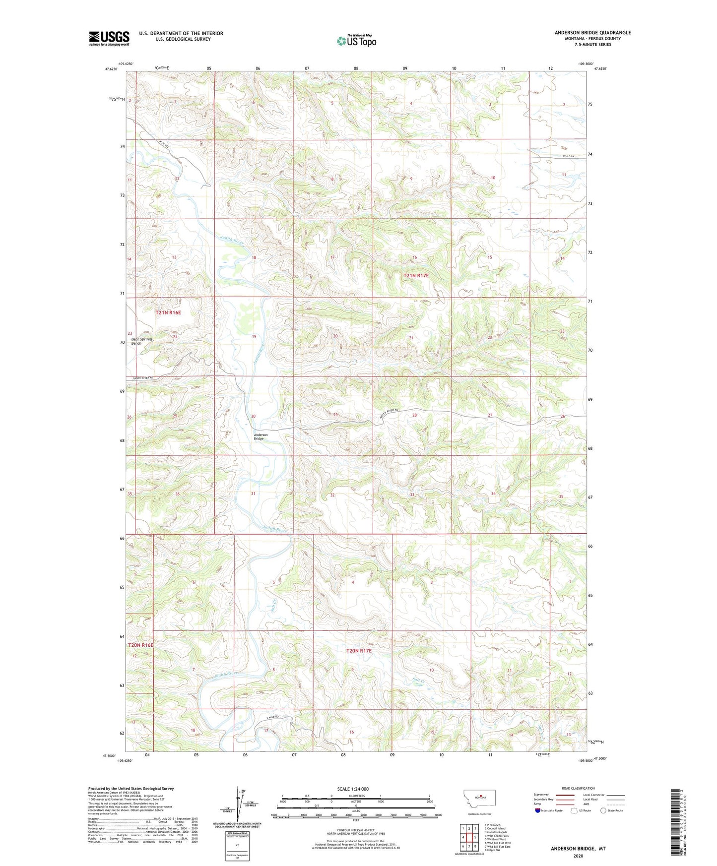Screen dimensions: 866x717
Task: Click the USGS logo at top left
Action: click(x=109, y=38)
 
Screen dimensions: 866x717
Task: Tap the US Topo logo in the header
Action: click(x=356, y=41)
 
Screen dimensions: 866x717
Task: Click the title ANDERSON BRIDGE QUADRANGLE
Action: click(x=592, y=33)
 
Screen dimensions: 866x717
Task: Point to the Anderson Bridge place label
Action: click(x=261, y=436)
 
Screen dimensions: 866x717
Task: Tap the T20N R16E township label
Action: click(x=141, y=645)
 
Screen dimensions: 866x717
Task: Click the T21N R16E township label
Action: click(x=168, y=313)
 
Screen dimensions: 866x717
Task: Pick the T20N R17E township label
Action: click(x=358, y=650)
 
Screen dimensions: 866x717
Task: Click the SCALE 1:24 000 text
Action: click(x=353, y=789)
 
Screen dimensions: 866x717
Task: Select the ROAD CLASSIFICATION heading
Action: click(x=578, y=788)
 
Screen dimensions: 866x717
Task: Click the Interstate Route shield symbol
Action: click(x=538, y=810)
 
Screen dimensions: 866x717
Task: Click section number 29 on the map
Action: click(x=335, y=415)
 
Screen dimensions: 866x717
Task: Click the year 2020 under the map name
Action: click(x=578, y=856)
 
